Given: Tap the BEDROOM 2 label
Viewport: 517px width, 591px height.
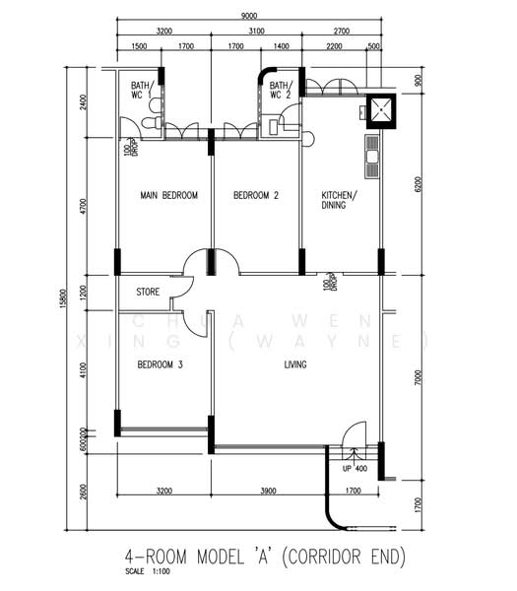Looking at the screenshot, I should click(x=256, y=196).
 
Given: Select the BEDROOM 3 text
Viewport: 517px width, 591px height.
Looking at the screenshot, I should click(x=160, y=364).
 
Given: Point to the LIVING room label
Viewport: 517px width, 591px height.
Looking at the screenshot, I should click(x=295, y=364).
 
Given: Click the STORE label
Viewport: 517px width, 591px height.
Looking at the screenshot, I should click(x=148, y=292).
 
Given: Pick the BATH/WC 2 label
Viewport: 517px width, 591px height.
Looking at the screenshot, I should click(x=281, y=91).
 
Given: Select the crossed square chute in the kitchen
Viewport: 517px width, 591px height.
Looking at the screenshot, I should click(x=380, y=110).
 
